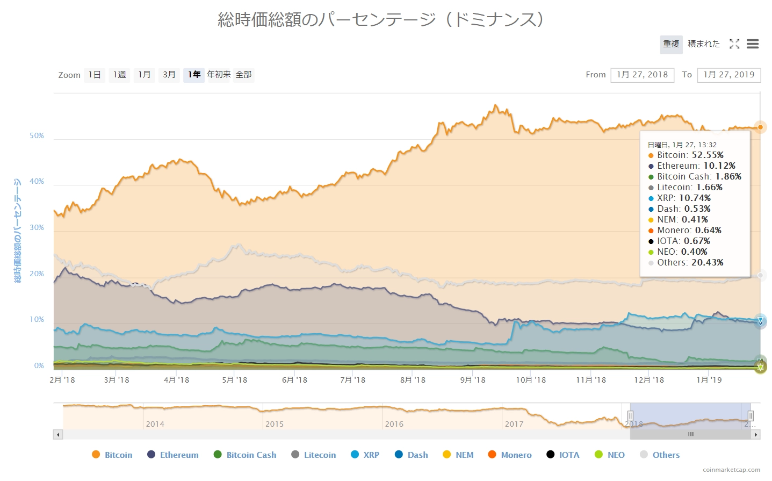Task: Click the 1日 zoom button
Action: [x=94, y=75]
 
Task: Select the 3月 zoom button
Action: [x=169, y=75]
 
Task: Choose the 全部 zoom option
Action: [x=243, y=75]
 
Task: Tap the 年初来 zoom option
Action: [x=219, y=75]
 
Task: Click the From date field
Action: [x=642, y=75]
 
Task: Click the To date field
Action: [x=728, y=75]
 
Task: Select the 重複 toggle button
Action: [x=671, y=44]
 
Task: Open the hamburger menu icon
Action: [x=753, y=44]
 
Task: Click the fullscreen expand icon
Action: [x=734, y=44]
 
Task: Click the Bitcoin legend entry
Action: [x=112, y=455]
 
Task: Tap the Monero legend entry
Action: [x=510, y=455]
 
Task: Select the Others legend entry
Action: [x=660, y=455]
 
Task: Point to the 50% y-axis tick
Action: [x=37, y=135]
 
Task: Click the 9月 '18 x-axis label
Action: [x=472, y=380]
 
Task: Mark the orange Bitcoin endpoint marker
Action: [x=760, y=127]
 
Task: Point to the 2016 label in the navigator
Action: [x=394, y=424]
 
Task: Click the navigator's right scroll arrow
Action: [x=756, y=434]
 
